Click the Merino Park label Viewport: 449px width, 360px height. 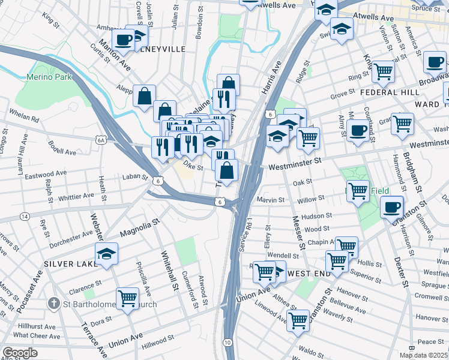49,77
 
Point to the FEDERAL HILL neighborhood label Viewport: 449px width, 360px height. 390,92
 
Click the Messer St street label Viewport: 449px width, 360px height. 297,234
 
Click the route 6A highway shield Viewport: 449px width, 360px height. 101,140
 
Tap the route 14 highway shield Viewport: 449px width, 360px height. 25,216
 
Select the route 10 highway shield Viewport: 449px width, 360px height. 228,342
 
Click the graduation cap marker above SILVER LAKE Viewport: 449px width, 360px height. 106,254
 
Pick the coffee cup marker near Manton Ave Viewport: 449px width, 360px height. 124,40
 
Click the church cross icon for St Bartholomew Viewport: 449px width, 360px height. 54,304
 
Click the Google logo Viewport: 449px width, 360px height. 20,353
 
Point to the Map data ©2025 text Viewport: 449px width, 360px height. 423,355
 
